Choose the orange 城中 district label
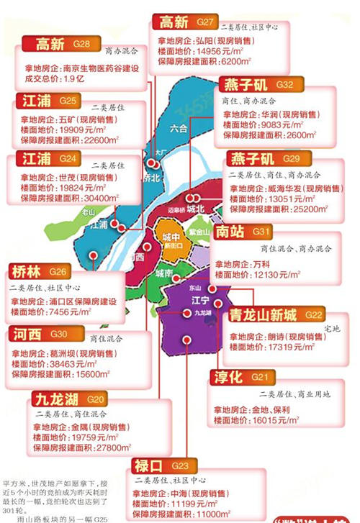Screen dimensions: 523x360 (171, 237)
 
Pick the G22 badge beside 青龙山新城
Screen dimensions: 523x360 (314, 315)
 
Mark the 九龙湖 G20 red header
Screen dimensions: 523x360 (56, 399)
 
